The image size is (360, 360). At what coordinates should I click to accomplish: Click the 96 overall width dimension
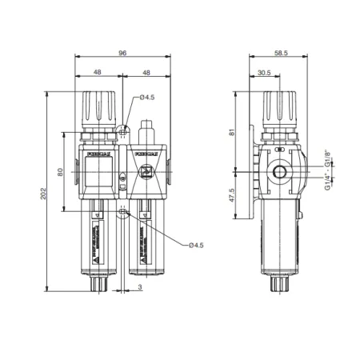[x=122, y=53]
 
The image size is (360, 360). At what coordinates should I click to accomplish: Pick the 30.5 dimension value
[x=264, y=72]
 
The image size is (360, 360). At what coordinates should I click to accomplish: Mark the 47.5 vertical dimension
[x=231, y=196]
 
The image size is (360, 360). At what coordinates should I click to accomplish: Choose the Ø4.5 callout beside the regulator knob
[x=146, y=98]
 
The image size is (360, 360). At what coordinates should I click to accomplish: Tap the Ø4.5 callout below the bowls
[x=198, y=245]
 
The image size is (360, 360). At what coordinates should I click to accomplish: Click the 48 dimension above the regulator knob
[x=98, y=72]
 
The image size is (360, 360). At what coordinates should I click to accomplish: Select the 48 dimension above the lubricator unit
[x=146, y=72]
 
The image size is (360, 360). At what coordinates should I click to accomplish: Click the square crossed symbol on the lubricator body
[x=146, y=171]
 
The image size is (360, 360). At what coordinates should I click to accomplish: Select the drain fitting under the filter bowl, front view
[x=98, y=281]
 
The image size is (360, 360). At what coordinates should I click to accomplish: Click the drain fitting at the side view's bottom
[x=281, y=281]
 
